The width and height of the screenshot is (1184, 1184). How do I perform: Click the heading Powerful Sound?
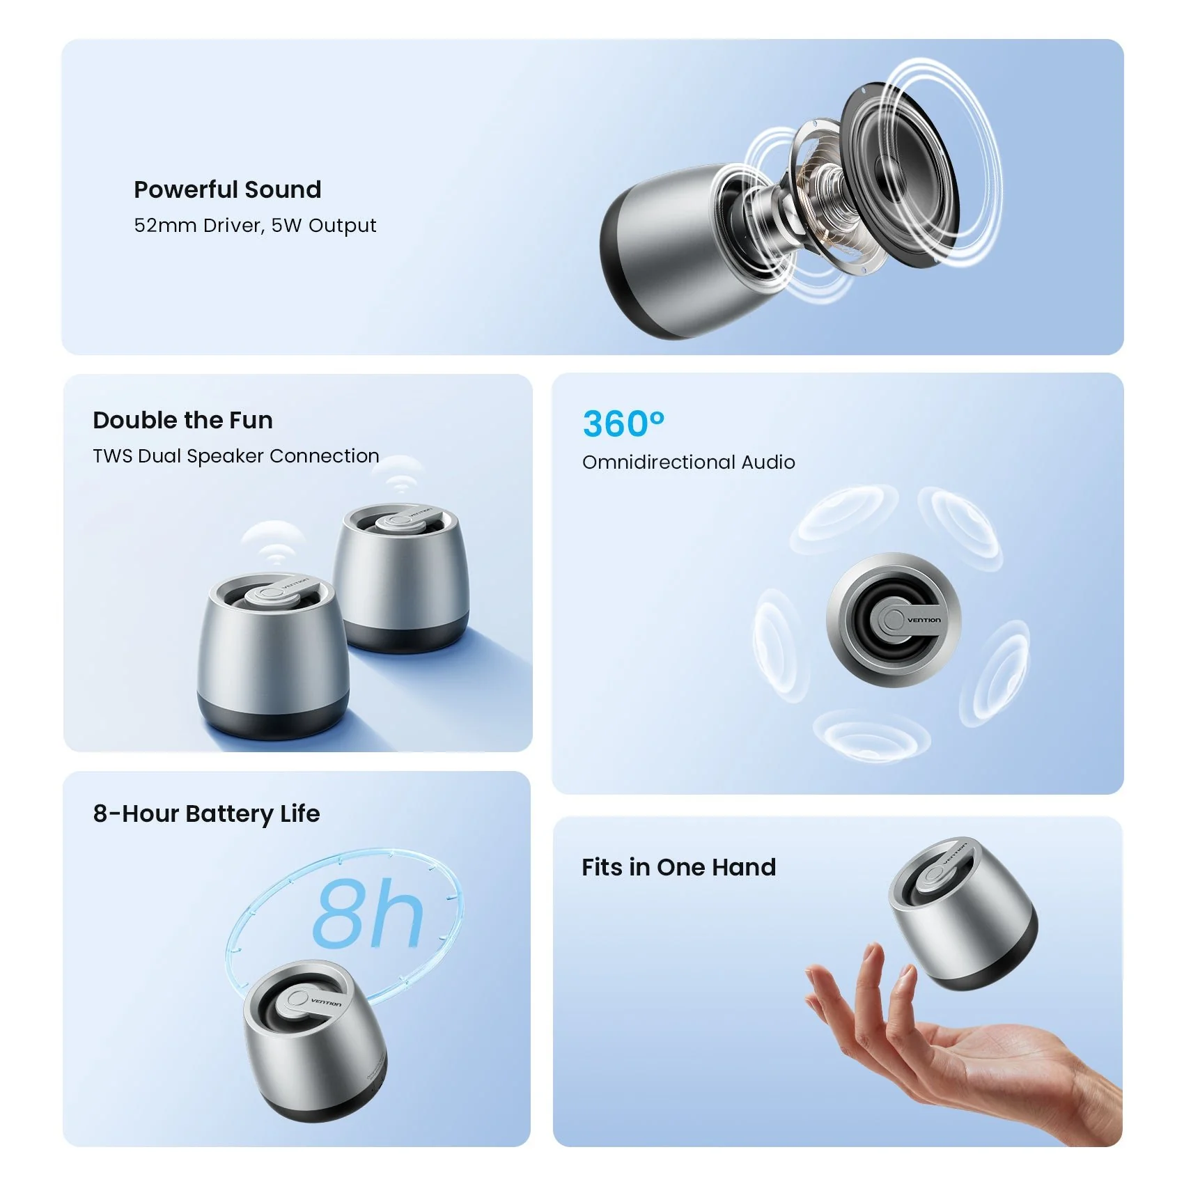pyautogui.click(x=228, y=189)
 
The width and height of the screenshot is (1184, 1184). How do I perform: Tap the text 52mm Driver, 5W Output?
pyautogui.click(x=255, y=225)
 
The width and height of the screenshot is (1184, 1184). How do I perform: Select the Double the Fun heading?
pyautogui.click(x=182, y=420)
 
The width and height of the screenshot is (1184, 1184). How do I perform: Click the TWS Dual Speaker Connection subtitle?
pyautogui.click(x=236, y=455)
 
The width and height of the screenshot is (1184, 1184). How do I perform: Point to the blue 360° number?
pyautogui.click(x=623, y=423)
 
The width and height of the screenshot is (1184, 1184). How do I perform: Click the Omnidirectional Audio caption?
pyautogui.click(x=688, y=462)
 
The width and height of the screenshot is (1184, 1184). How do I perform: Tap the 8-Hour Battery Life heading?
pyautogui.click(x=206, y=813)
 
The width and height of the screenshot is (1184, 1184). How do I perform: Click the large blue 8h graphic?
pyautogui.click(x=368, y=912)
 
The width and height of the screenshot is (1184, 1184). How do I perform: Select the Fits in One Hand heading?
pyautogui.click(x=678, y=867)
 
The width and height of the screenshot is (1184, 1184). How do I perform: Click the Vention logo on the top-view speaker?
pyautogui.click(x=924, y=620)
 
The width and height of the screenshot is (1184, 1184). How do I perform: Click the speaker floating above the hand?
pyautogui.click(x=962, y=912)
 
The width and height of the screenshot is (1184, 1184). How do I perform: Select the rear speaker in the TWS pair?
pyautogui.click(x=403, y=577)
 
